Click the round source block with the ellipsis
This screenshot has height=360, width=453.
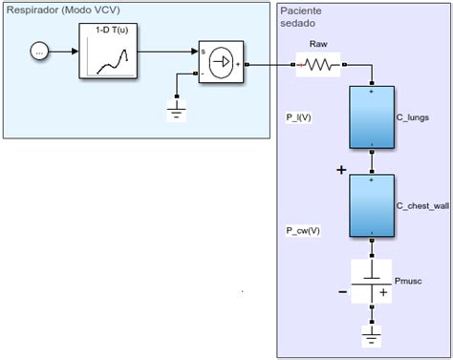point(39,50)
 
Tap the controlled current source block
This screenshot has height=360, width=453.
point(221,64)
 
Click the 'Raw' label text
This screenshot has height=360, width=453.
point(318,44)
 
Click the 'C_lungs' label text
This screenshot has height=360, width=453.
point(412,117)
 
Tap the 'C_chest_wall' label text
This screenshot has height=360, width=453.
point(421,204)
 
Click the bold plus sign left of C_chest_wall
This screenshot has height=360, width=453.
point(340,171)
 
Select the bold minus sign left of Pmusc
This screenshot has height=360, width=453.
point(342,292)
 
